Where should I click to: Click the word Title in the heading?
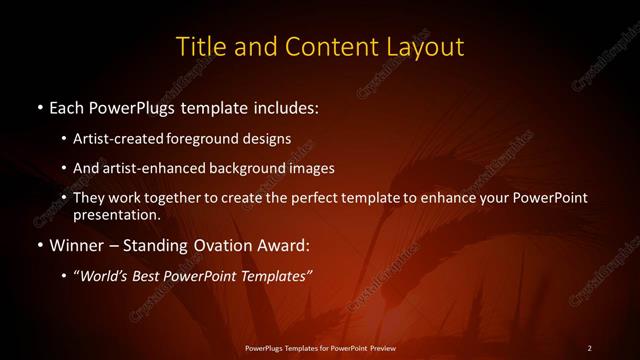click(x=199, y=46)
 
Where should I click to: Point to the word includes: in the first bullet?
click(x=284, y=106)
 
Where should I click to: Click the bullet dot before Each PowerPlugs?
click(x=38, y=107)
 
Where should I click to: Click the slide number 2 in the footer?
click(x=589, y=348)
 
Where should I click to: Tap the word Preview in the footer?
click(x=380, y=348)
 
